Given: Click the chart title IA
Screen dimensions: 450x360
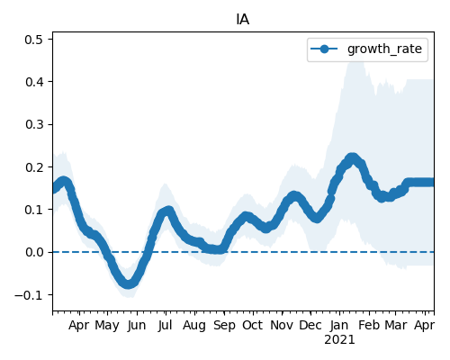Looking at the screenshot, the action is point(243,20).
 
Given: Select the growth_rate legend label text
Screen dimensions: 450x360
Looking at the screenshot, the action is point(384,49).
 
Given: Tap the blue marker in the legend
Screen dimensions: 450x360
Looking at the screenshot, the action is point(324,49).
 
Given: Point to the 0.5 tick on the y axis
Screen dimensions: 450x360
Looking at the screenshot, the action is point(34,40).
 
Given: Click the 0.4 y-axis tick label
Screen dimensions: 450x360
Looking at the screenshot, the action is point(34,82).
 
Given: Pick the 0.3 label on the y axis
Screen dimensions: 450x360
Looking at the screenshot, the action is point(34,124).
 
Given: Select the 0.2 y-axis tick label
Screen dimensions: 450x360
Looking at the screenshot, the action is point(34,167).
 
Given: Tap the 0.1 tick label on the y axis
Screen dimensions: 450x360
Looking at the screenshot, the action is point(34,210).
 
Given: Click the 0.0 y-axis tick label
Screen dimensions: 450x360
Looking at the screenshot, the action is point(34,252).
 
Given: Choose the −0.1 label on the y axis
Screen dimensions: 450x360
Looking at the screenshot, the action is point(30,295).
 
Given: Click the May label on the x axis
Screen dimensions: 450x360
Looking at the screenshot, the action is point(107,326).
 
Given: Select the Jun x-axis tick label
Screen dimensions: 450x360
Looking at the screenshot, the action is point(137,326).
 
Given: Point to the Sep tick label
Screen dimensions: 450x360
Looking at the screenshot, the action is point(224,326).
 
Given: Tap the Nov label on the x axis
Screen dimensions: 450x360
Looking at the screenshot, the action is point(282,325).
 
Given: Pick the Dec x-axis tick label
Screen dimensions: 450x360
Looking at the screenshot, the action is point(310,325).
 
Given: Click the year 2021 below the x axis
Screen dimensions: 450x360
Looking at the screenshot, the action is point(339,340).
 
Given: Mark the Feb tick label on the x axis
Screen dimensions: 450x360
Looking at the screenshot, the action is point(369,325).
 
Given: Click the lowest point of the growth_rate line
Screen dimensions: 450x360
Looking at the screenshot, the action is point(128,284).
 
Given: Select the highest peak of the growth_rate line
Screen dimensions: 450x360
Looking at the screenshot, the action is point(353,157).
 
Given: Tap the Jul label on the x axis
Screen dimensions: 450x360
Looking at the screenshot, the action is point(166,326).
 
